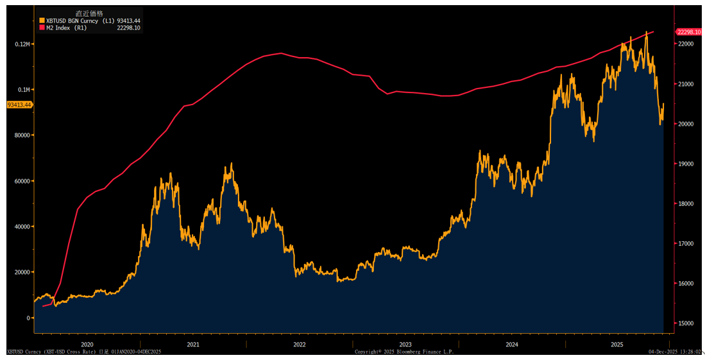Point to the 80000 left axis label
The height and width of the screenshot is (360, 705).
(23, 135)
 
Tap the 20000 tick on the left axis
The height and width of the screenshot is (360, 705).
(23, 272)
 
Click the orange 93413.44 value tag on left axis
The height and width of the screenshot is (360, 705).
(19, 105)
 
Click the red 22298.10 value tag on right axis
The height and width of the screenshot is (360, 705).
(689, 31)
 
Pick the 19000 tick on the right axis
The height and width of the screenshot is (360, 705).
(686, 164)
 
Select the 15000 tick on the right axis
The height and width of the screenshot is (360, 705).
(686, 323)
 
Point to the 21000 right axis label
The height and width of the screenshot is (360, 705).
(686, 84)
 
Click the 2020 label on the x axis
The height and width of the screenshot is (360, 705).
(87, 345)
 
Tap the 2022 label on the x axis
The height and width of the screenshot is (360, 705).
(300, 345)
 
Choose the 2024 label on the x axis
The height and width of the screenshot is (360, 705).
(512, 345)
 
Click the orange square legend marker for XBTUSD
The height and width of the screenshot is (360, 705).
(42, 21)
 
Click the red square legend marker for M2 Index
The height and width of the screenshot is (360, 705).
(42, 28)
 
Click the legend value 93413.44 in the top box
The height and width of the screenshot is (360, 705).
(128, 21)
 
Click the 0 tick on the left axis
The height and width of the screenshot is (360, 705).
(28, 318)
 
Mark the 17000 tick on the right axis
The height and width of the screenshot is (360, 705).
(686, 244)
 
